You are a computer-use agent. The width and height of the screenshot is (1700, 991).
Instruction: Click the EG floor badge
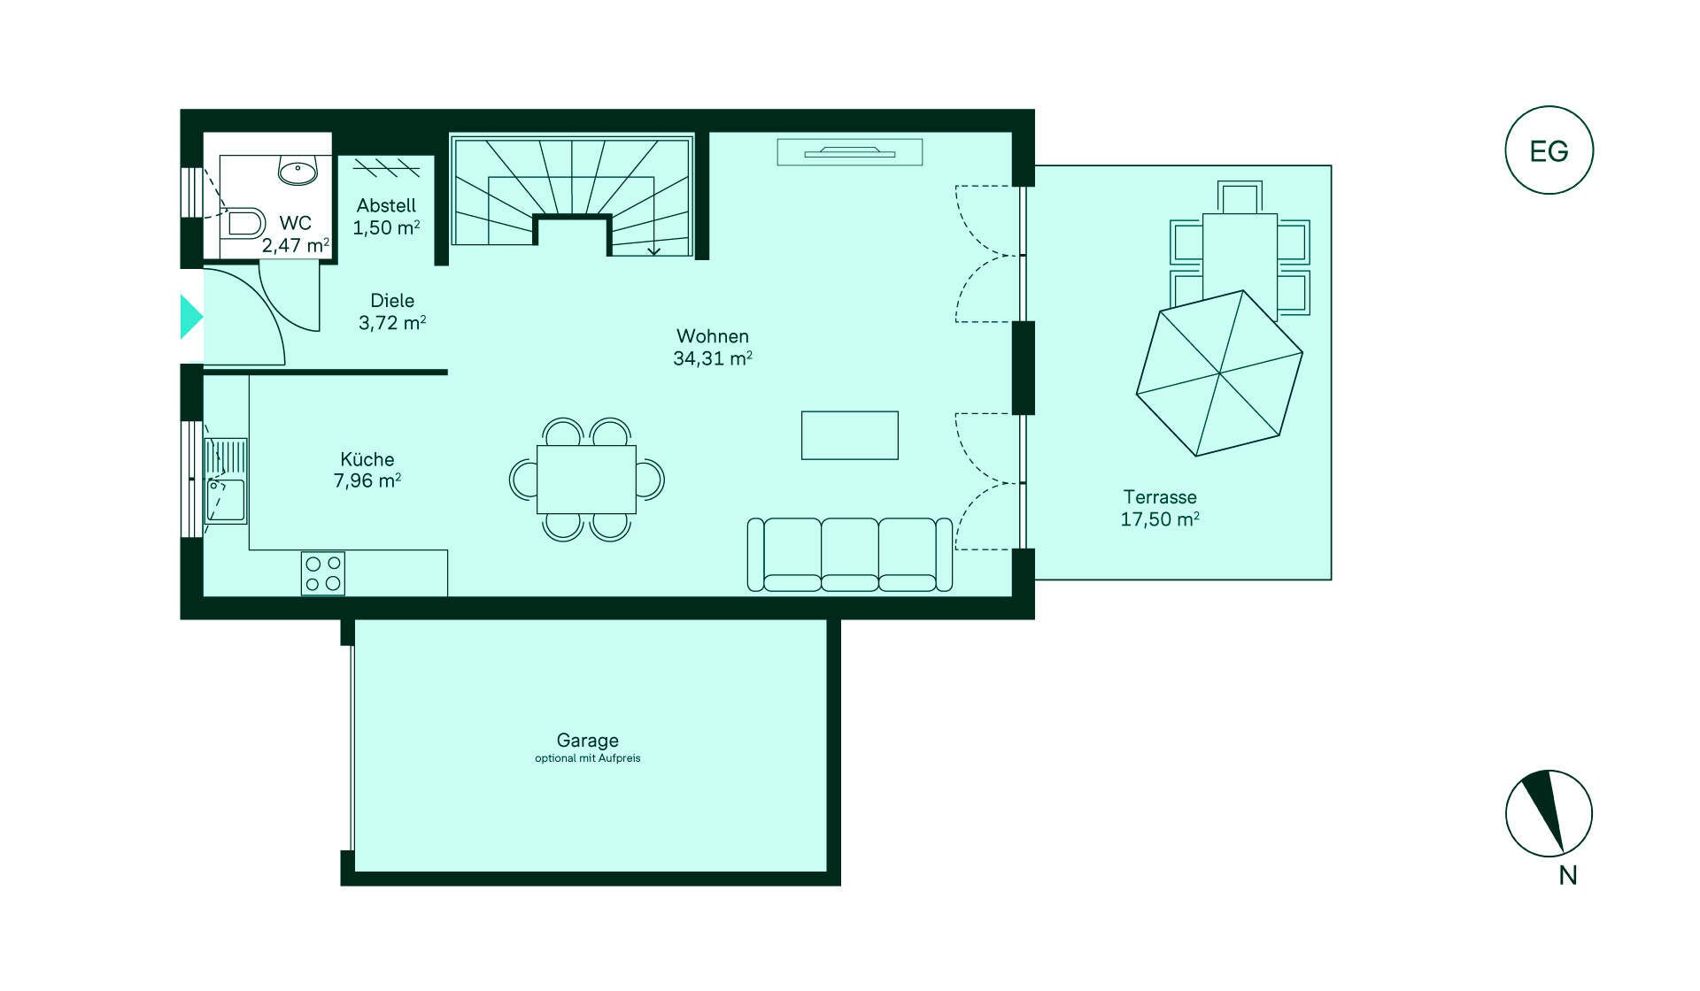(x=1549, y=150)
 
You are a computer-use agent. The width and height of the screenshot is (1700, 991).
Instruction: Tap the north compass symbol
(x=1549, y=813)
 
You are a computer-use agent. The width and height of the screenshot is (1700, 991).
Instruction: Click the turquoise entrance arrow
(x=190, y=317)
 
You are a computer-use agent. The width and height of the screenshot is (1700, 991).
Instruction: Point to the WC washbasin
(x=298, y=170)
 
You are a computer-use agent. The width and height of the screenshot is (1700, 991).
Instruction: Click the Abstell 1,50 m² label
(x=386, y=217)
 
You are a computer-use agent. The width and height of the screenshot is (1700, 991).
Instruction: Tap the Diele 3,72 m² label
(x=392, y=311)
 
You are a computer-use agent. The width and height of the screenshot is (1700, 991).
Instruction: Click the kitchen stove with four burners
(x=323, y=572)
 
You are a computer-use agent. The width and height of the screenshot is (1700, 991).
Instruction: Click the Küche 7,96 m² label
(x=367, y=470)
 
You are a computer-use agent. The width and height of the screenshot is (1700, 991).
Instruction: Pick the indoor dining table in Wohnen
(x=586, y=480)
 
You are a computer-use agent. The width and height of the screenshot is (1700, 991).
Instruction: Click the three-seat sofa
(x=850, y=555)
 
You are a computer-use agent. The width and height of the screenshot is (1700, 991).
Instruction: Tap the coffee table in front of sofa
(x=850, y=435)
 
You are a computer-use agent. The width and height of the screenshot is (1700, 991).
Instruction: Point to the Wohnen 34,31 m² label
(x=713, y=347)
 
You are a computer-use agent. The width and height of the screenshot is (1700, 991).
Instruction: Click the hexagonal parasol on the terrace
(x=1219, y=373)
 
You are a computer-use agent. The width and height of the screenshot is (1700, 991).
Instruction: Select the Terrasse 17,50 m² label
(x=1160, y=508)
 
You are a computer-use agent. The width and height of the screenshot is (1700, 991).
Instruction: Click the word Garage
(x=587, y=740)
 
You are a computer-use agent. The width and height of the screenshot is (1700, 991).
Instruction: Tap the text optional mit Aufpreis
(x=587, y=758)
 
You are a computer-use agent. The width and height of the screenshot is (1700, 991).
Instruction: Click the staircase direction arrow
(x=653, y=250)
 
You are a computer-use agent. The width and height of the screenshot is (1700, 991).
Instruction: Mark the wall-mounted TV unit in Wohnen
(x=850, y=152)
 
